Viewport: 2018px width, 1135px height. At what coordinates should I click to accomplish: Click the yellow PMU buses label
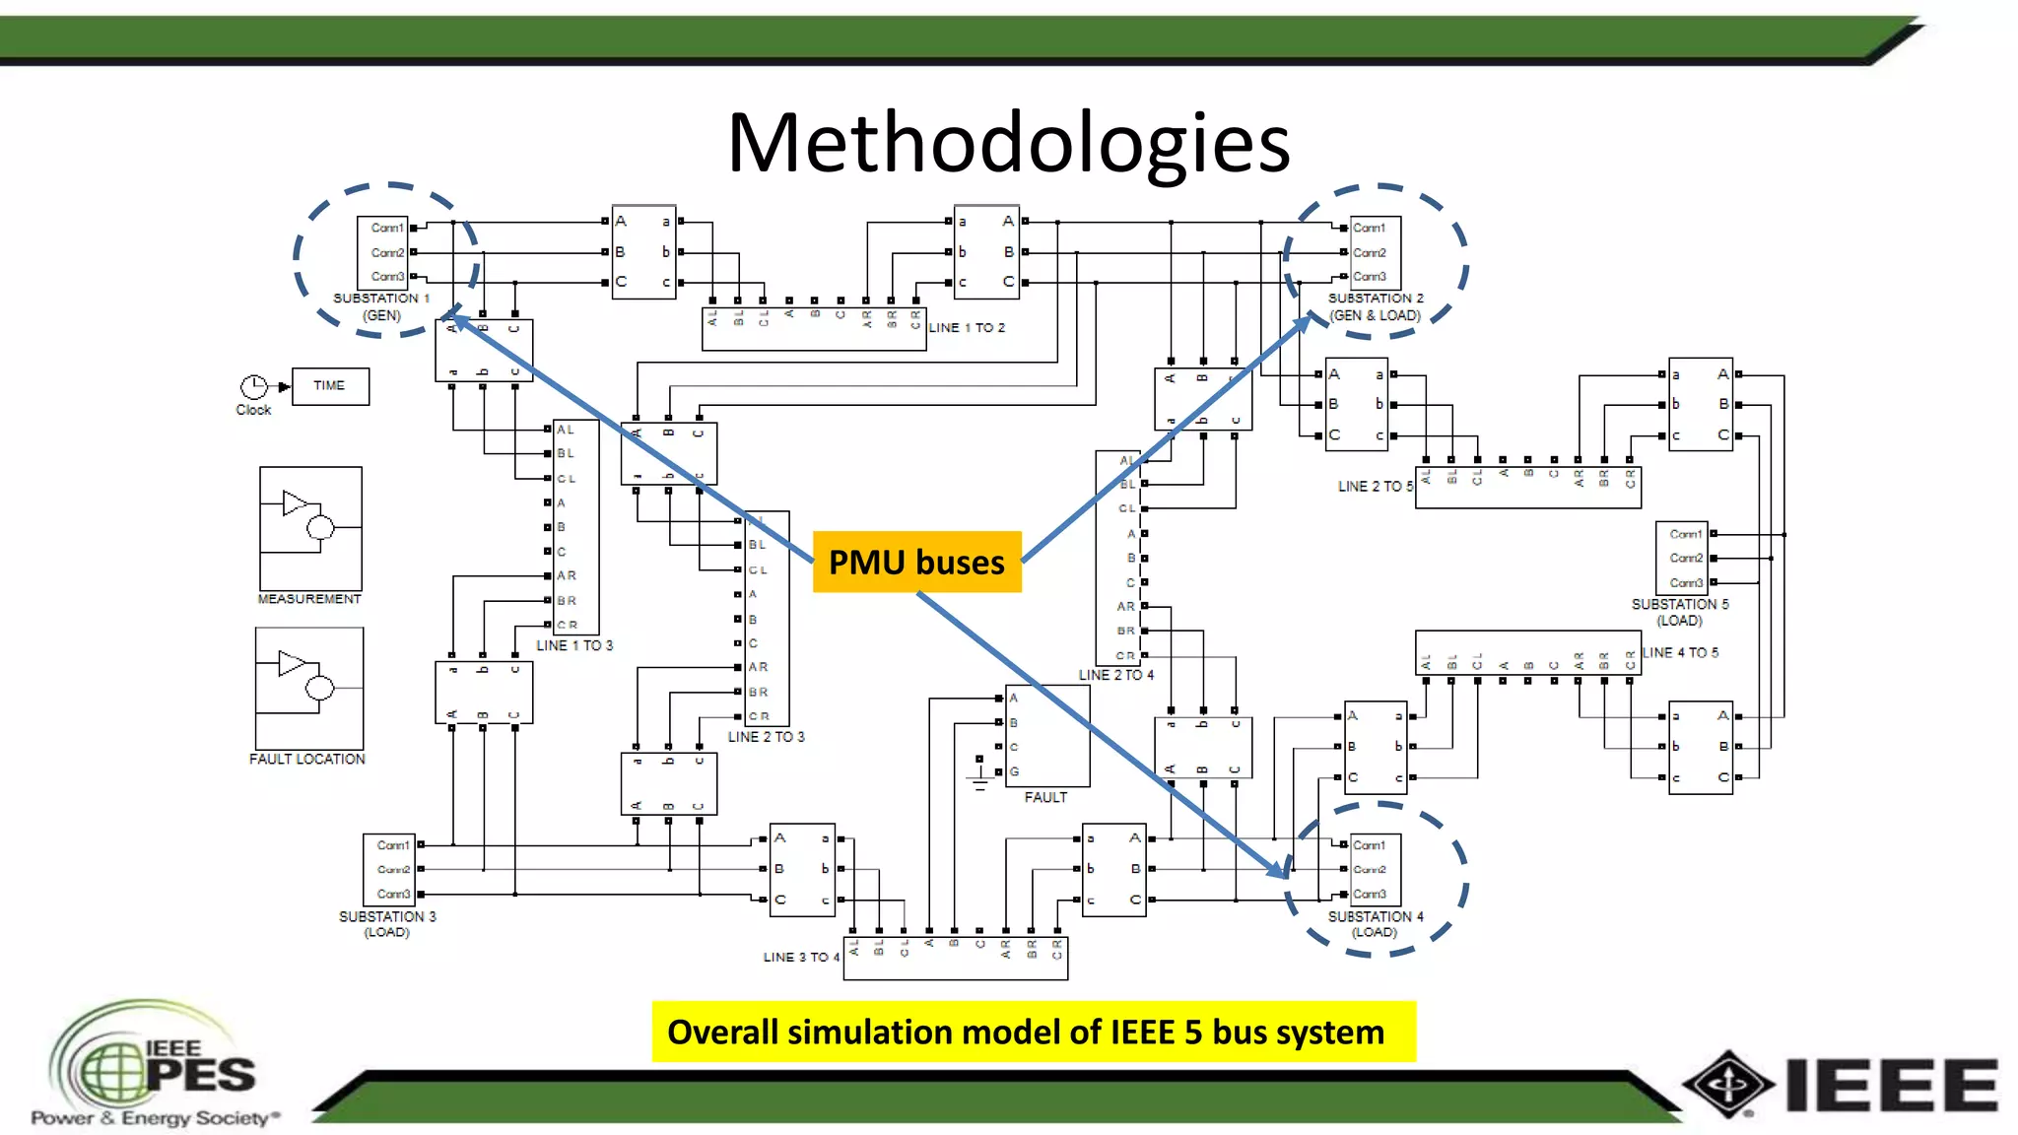tap(916, 562)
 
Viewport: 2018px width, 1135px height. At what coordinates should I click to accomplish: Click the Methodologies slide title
tap(1008, 143)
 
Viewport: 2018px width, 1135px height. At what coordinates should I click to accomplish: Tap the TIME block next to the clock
tap(330, 386)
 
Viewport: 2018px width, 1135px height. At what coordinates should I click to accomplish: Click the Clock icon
tap(253, 387)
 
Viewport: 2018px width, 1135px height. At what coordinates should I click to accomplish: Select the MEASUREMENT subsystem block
tap(310, 529)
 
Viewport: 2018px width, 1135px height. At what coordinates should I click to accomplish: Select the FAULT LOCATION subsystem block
tap(309, 689)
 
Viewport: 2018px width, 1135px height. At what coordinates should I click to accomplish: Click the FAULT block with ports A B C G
tap(1047, 735)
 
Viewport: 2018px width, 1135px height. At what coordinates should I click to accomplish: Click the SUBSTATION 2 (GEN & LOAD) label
tap(1375, 306)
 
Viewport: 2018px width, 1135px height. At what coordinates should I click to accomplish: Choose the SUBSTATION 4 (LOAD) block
tap(1375, 869)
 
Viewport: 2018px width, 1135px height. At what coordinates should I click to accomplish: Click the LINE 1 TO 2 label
tap(967, 327)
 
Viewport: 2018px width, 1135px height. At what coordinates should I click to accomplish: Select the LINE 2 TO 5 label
tap(1375, 487)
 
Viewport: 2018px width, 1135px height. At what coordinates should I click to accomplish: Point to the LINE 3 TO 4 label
tap(801, 957)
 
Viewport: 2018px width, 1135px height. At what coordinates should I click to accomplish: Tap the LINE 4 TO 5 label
tap(1680, 652)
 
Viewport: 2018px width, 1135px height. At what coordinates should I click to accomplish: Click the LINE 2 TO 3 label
tap(766, 737)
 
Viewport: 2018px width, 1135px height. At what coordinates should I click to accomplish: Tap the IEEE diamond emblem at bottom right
tap(1727, 1084)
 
